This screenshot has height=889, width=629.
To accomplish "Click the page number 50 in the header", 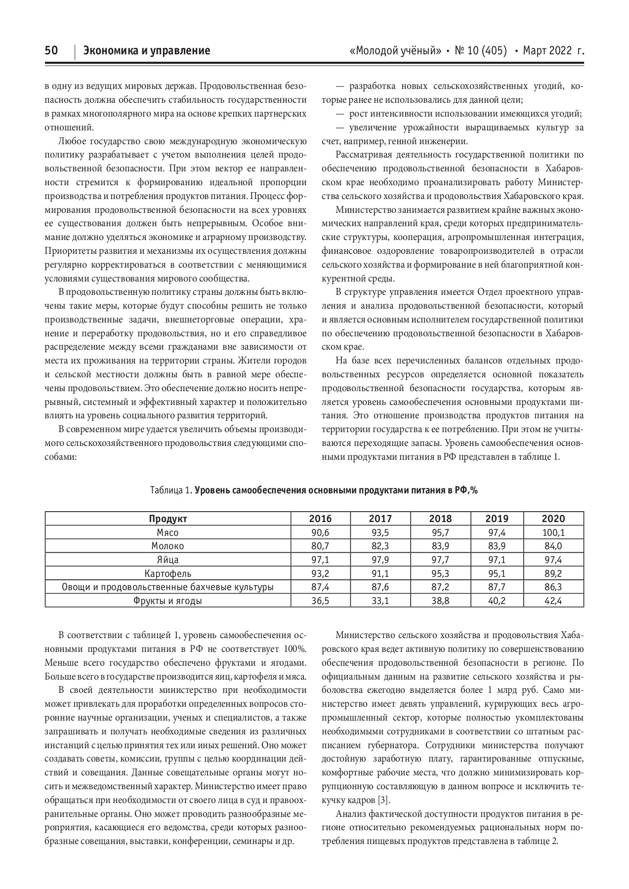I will click(51, 51).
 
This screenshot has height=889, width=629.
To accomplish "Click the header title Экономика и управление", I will click(147, 51).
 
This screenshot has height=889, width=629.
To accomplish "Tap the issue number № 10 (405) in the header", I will click(481, 51).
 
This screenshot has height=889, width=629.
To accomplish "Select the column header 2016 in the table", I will click(320, 519).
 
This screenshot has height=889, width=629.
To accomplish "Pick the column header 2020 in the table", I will click(553, 519).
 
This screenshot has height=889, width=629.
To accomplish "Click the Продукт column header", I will click(168, 519).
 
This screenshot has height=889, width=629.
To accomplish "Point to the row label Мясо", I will click(168, 532).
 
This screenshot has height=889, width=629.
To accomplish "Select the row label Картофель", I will click(168, 573).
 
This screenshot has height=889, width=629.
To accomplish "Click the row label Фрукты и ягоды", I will click(168, 601).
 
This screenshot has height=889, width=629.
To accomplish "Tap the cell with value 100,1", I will click(553, 532).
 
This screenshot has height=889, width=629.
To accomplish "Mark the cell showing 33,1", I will click(380, 601).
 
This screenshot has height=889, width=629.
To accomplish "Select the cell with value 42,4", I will click(553, 601).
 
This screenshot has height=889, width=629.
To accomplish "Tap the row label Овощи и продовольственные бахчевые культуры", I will click(168, 587).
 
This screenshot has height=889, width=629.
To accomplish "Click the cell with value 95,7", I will click(440, 532).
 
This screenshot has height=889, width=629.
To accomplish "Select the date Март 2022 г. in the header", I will click(553, 51).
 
